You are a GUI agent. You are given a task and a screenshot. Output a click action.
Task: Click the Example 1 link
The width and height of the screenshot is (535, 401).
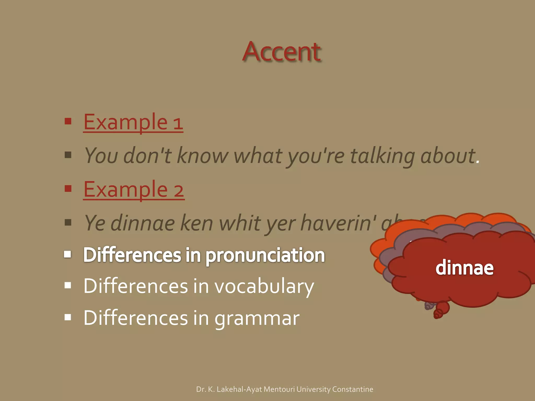[x=133, y=122]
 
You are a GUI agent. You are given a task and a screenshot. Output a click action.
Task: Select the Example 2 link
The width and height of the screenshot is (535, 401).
[x=134, y=190]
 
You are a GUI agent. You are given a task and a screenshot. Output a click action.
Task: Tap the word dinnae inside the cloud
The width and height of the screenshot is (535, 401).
[x=464, y=268]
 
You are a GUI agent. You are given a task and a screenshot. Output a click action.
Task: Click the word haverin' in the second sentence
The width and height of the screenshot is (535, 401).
[x=338, y=223]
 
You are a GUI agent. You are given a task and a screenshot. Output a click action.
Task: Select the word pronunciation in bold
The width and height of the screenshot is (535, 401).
[x=265, y=255]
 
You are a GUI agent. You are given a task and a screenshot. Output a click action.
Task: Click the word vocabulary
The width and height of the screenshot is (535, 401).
[x=264, y=286]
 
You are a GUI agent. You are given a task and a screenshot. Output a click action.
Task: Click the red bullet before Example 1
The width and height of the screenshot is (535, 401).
[x=68, y=121]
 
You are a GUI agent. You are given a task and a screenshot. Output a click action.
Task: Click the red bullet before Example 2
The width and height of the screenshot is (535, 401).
[x=68, y=188]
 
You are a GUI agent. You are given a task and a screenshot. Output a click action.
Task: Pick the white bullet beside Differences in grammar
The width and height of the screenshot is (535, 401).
[x=68, y=317]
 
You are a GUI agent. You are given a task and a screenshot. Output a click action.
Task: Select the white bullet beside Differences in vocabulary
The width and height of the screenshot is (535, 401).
[x=68, y=285]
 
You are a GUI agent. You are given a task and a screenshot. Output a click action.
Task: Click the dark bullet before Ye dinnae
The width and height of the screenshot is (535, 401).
[x=68, y=222]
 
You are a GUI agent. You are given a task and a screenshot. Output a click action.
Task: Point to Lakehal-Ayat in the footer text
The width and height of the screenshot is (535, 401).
[x=240, y=389]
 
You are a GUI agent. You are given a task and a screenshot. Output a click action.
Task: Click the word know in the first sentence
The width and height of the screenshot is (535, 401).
[x=203, y=156]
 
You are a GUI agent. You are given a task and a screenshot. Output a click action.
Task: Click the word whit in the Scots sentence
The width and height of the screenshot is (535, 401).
[x=240, y=223]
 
